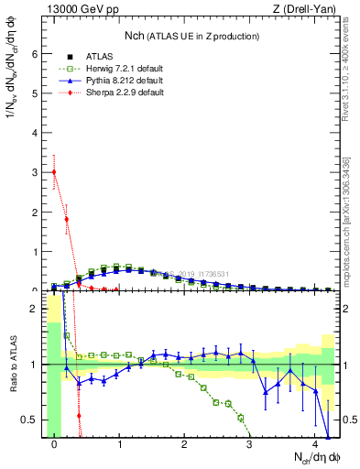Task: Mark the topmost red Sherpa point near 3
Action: click(x=54, y=171)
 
